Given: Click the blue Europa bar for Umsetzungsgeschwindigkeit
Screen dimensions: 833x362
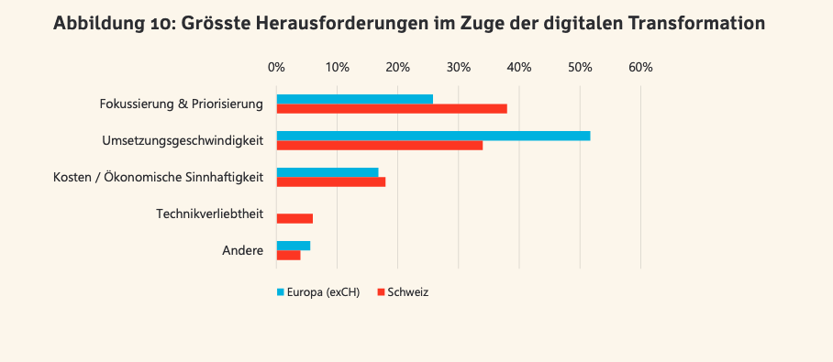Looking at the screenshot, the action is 434,136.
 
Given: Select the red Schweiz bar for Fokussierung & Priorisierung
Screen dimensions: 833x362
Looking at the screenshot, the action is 392,109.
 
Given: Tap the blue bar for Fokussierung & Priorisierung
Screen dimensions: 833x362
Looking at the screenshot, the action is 355,99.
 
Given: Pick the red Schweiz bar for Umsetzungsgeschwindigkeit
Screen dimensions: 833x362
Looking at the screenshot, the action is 380,146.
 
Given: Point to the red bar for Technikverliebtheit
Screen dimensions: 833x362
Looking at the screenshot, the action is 294,219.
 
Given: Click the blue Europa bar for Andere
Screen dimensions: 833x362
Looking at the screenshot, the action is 294,246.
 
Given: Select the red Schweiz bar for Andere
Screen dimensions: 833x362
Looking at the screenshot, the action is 288,256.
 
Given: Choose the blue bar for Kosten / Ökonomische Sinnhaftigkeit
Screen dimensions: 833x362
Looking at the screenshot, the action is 328,172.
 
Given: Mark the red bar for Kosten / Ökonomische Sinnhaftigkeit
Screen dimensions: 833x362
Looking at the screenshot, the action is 331,182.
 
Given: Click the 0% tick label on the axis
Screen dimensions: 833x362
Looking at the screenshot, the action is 277,68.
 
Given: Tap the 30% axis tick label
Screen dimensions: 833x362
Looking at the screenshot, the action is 459,68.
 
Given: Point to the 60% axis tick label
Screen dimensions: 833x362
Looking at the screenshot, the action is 640,68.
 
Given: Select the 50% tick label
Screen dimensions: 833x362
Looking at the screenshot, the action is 580,68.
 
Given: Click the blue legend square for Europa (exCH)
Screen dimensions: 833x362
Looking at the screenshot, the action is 280,292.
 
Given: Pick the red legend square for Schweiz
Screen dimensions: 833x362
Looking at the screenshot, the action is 381,292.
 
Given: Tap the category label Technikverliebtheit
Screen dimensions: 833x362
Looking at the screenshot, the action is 210,214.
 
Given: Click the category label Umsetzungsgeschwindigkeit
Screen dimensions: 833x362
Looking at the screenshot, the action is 183,141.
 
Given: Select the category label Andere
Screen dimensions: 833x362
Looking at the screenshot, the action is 243,250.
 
